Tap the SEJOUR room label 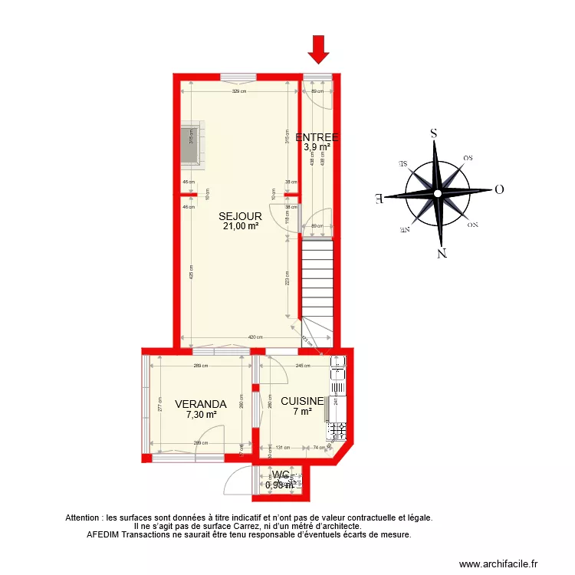coord(240,216)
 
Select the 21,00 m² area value coord(240,226)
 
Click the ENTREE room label coord(317,137)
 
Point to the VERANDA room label coord(200,404)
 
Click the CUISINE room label coord(301,401)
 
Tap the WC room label coord(280,475)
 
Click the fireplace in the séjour coord(191,146)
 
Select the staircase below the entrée coord(317,276)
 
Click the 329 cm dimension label coord(239,92)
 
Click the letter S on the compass coord(434,133)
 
